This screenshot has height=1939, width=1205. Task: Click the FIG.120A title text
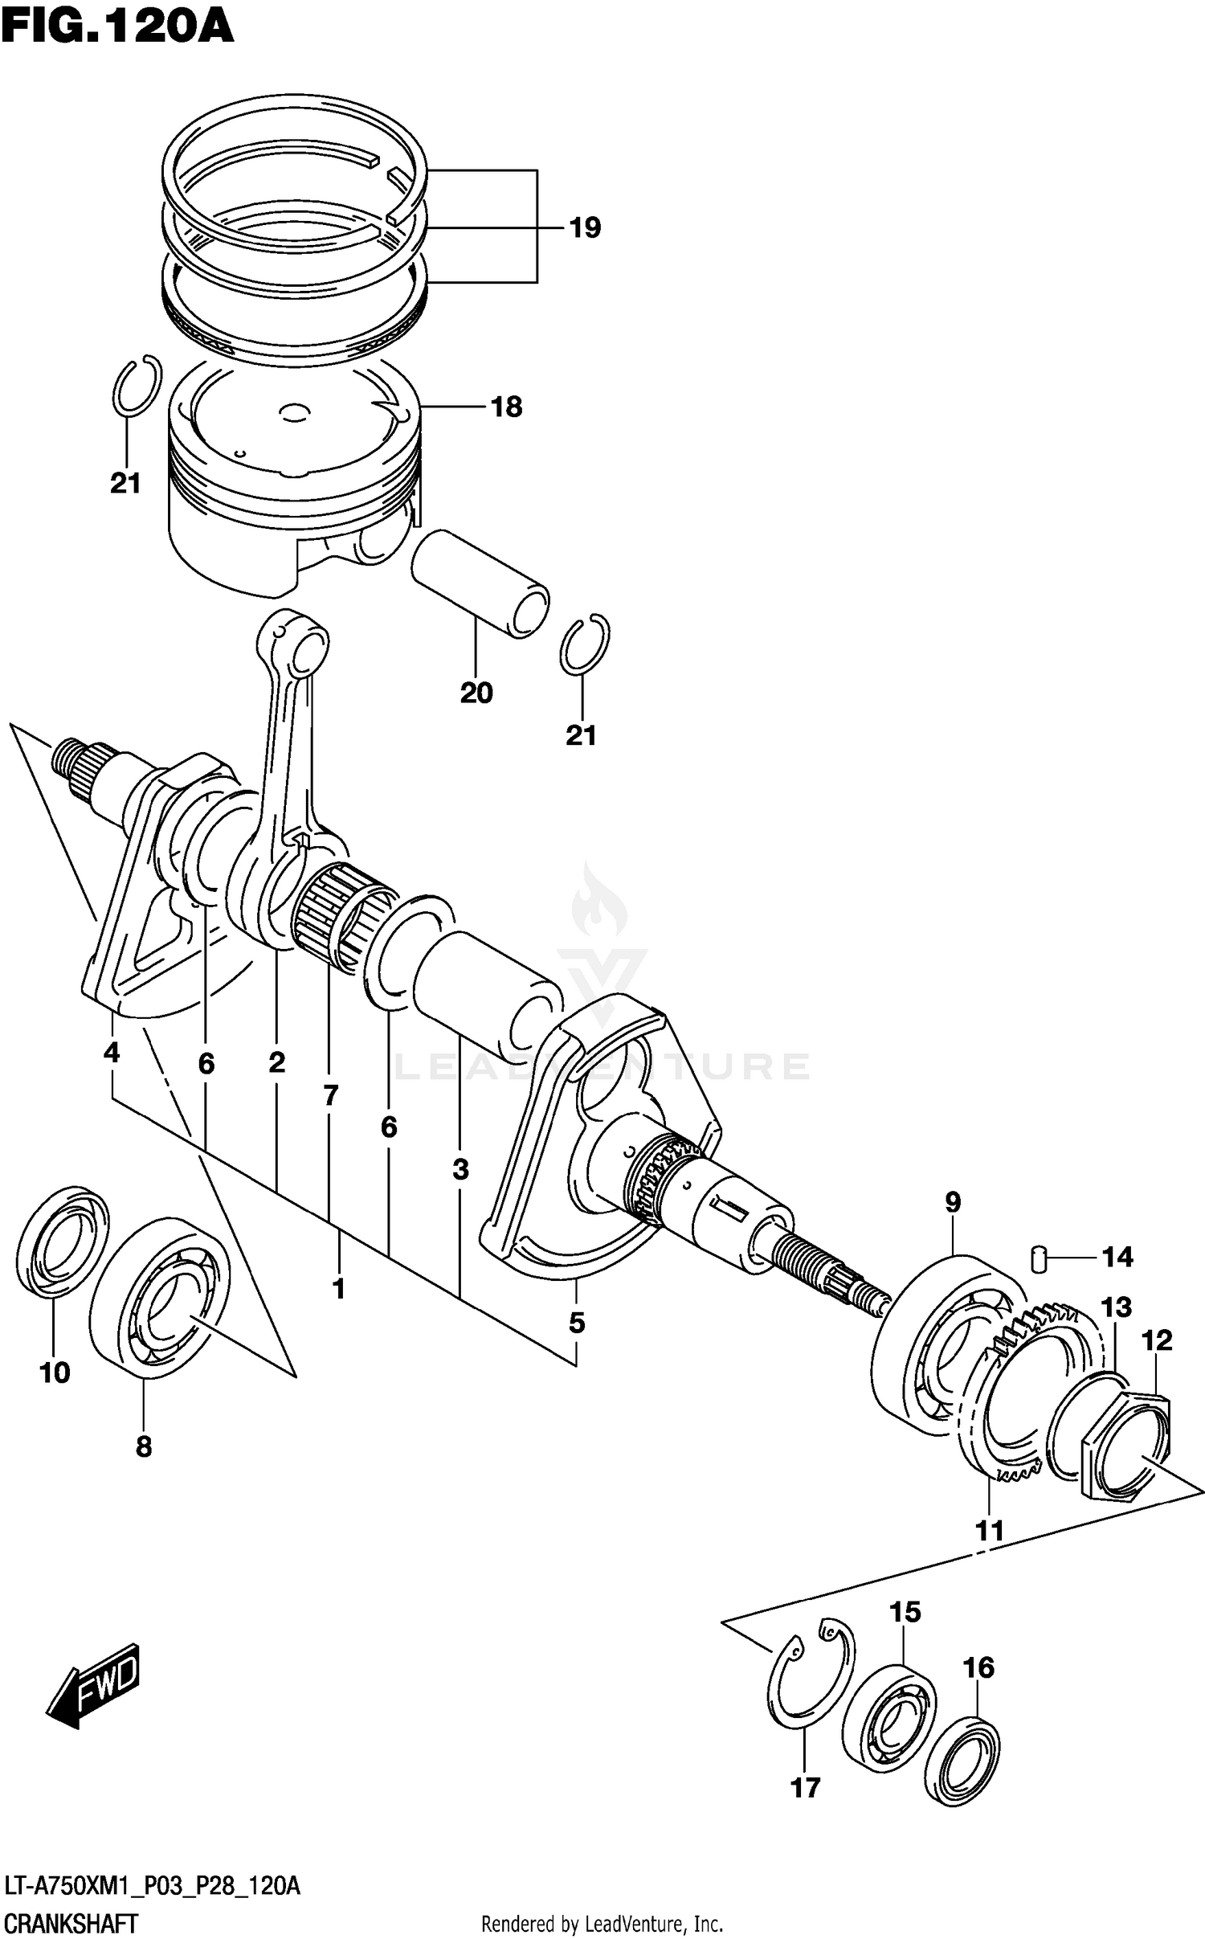[x=117, y=27]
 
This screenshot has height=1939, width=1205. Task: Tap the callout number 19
[x=585, y=228]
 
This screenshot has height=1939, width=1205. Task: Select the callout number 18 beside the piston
[x=506, y=407]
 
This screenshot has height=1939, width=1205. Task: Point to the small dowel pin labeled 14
[x=1040, y=1258]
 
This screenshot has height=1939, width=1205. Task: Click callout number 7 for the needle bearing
[x=330, y=1094]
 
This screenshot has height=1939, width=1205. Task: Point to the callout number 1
[x=338, y=1288]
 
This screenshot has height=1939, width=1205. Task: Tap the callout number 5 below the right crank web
[x=577, y=1322]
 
